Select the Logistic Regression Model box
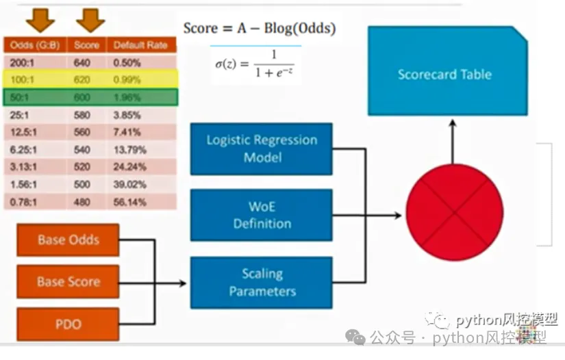[x=262, y=149]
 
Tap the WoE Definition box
[x=262, y=215]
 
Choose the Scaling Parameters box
[x=262, y=282]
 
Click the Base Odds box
[x=68, y=240]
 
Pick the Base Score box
[x=68, y=281]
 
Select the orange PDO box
[x=68, y=323]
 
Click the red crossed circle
[x=454, y=213]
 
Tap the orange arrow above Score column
[x=90, y=21]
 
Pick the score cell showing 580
[x=81, y=115]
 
